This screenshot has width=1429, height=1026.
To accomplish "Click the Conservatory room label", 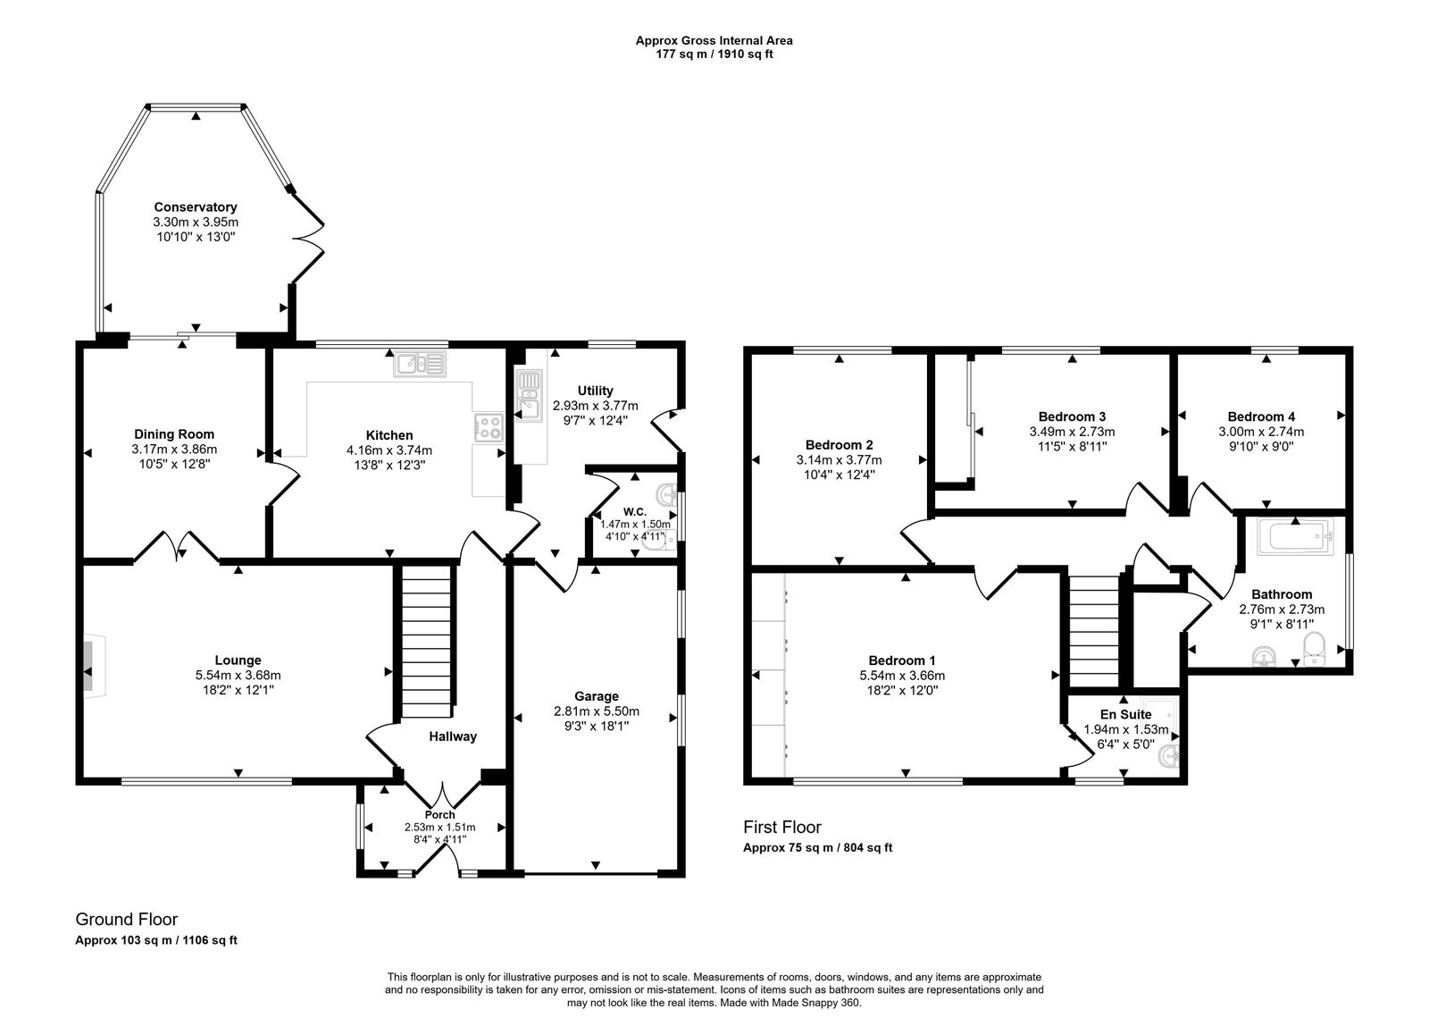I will [196, 206].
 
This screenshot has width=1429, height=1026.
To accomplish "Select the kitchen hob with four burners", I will [489, 427].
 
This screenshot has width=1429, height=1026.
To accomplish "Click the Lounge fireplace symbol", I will [89, 664].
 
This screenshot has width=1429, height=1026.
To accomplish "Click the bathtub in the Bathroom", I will [1294, 538].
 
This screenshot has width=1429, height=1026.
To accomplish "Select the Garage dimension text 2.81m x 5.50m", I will [597, 711].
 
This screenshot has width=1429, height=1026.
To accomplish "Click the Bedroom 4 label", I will [1261, 416].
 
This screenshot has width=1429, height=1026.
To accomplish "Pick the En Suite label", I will [1125, 714].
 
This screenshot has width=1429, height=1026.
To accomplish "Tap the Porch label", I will [439, 814].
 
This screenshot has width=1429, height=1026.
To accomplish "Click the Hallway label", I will [453, 736].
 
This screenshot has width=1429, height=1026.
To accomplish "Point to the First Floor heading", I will [781, 828].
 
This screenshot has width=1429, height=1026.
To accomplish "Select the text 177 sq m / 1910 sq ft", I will [714, 54].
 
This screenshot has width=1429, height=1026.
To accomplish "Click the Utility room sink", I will [529, 396].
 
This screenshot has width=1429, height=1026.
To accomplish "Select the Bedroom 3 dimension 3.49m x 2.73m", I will [1072, 431].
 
